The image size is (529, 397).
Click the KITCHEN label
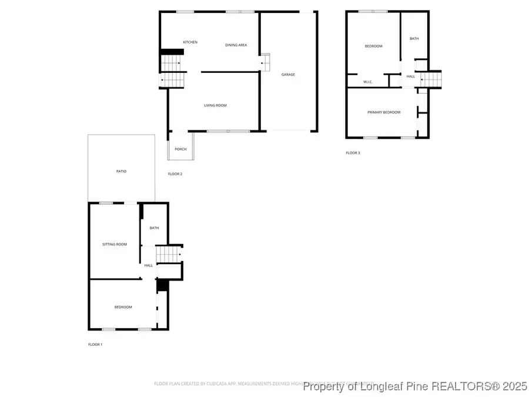pyautogui.click(x=190, y=42)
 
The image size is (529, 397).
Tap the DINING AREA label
pyautogui.click(x=236, y=45)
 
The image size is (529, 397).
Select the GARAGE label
pyautogui.click(x=288, y=75)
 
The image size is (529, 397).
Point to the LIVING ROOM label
pyautogui.click(x=215, y=106)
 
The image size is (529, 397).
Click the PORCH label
pyautogui.click(x=180, y=149)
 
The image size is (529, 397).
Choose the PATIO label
pyautogui.click(x=121, y=171)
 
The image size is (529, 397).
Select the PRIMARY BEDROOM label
pyautogui.click(x=384, y=112)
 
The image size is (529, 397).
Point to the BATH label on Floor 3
pyautogui.click(x=414, y=39)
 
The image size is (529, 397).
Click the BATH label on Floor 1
pyautogui.click(x=154, y=228)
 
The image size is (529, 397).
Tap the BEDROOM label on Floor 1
pyautogui.click(x=123, y=307)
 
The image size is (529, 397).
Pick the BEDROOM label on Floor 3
pyautogui.click(x=373, y=46)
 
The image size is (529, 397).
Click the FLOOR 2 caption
pyautogui.click(x=175, y=174)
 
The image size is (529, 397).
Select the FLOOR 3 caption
pyautogui.click(x=353, y=153)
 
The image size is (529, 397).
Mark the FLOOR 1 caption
pyautogui.click(x=95, y=344)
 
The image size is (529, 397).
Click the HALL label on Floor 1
pyautogui.click(x=149, y=265)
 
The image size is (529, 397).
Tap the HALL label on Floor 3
pyautogui.click(x=410, y=76)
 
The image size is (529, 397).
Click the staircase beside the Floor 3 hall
pyautogui.click(x=431, y=78)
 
